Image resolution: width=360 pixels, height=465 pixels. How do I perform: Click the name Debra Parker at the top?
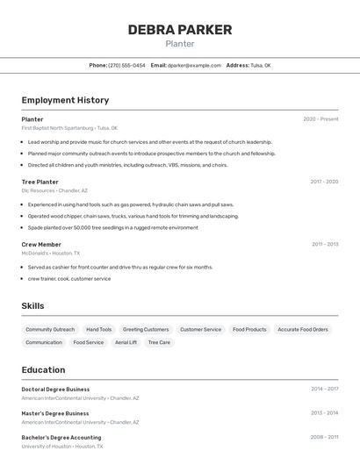click(180, 30)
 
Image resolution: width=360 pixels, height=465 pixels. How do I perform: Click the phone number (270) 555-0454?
click(127, 65)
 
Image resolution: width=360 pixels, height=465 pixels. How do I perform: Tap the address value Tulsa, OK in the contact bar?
click(261, 65)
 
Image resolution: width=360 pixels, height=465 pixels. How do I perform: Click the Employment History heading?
click(65, 100)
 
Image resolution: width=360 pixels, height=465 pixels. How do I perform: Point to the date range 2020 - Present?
click(320, 119)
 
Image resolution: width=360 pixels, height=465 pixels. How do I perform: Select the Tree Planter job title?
click(40, 182)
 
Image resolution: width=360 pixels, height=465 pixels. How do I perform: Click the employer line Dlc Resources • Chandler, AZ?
click(54, 190)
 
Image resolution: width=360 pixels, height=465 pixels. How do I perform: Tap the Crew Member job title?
click(41, 244)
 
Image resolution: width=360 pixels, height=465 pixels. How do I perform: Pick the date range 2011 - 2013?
click(324, 244)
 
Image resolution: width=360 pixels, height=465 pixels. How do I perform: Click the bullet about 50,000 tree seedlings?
click(112, 227)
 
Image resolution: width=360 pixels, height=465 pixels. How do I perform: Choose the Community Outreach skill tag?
click(50, 329)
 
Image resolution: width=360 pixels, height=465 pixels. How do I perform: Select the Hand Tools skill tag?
click(99, 329)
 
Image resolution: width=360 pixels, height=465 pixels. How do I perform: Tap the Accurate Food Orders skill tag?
click(303, 329)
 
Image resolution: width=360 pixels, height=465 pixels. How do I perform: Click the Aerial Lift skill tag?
click(126, 342)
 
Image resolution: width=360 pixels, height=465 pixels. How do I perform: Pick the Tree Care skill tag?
click(159, 342)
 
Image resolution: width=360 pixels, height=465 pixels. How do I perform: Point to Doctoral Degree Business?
click(55, 389)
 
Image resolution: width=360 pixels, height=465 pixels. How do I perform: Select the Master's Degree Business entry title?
click(54, 413)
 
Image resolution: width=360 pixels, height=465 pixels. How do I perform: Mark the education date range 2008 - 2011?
click(324, 437)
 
